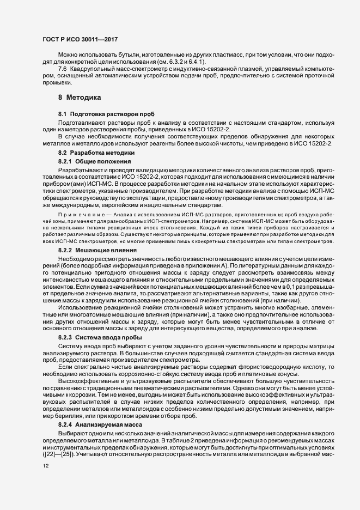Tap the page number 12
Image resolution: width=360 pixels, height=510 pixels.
(x=45, y=466)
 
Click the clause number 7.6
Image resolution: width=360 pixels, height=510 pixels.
(x=62, y=70)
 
